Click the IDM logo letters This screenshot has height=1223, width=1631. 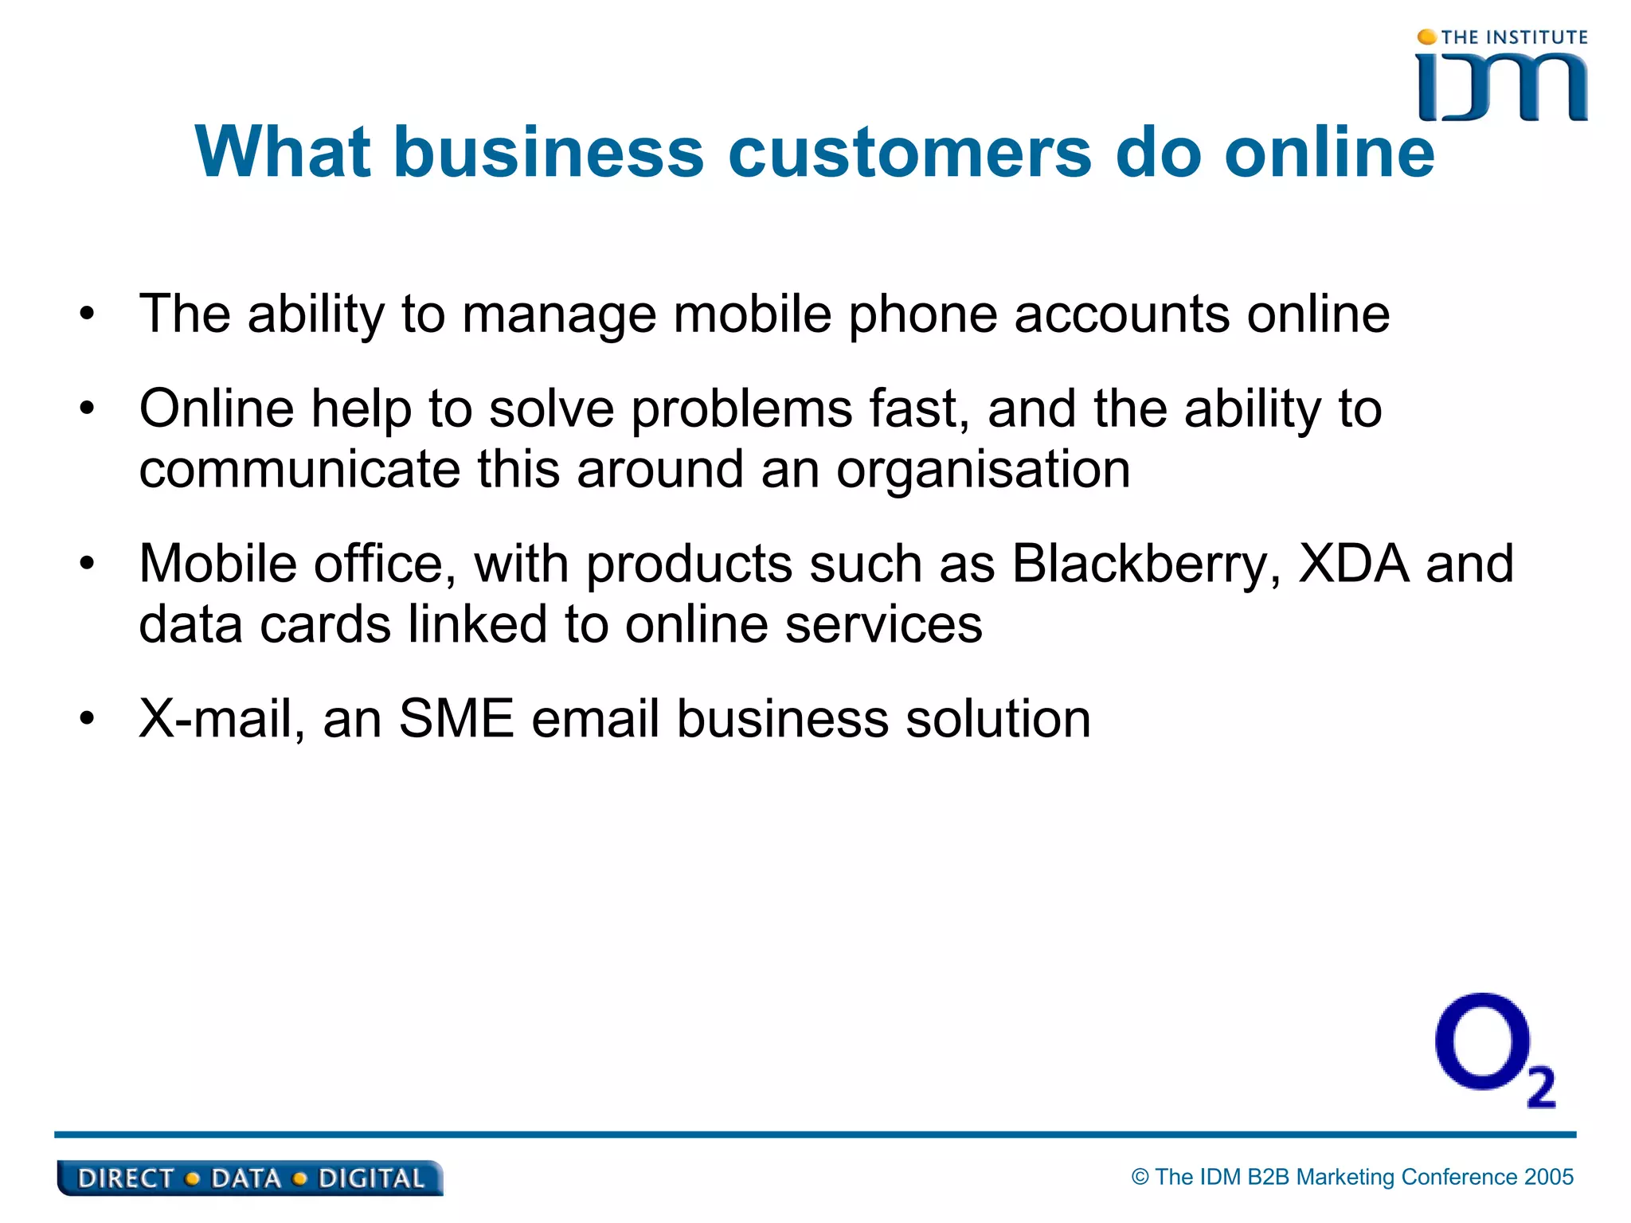click(1502, 88)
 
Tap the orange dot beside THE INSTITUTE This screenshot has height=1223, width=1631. click(1427, 37)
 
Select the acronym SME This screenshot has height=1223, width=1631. click(456, 719)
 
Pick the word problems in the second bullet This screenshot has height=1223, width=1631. click(741, 410)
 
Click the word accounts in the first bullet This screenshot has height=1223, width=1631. click(1121, 315)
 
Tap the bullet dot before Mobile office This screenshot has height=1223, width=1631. click(87, 565)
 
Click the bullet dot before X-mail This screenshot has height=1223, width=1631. click(87, 719)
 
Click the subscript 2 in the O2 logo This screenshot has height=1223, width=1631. click(1541, 1087)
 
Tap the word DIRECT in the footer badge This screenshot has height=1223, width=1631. click(125, 1178)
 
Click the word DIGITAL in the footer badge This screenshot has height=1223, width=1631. click(371, 1178)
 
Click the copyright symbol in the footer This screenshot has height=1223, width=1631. click(1140, 1177)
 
